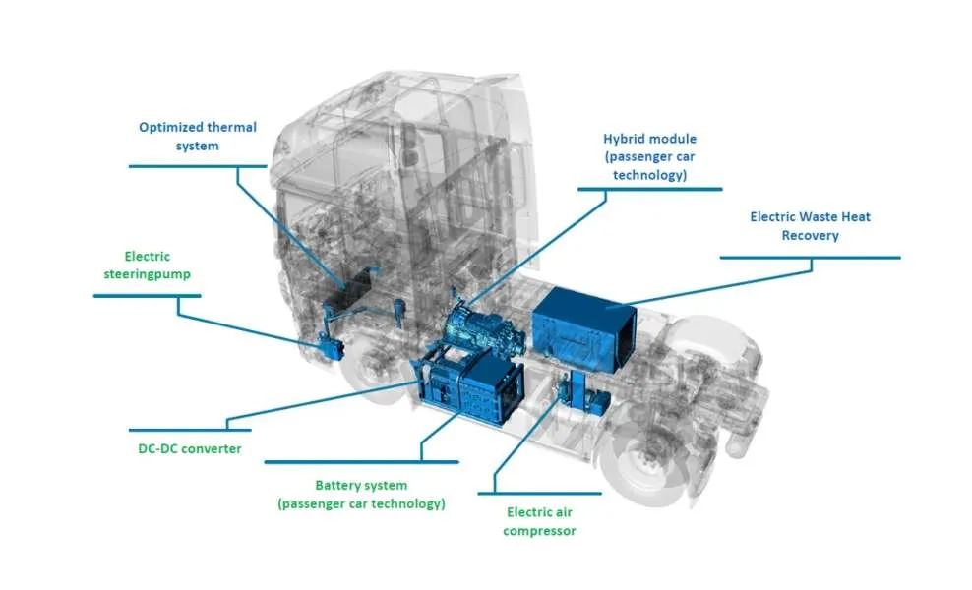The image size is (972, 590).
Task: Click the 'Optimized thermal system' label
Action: point(197,137)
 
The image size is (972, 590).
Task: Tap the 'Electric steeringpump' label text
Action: point(147,265)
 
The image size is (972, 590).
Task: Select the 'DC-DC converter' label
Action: point(190,448)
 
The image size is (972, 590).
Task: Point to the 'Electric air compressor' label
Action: point(539,521)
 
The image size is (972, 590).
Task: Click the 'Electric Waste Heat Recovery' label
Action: point(811,226)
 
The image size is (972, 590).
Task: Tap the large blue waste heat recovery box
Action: point(582,328)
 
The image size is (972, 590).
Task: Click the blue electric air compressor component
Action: point(581,394)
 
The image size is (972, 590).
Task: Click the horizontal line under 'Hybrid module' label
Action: point(650,189)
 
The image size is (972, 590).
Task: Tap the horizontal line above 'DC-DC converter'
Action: point(190,430)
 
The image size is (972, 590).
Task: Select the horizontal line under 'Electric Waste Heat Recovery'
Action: point(811,258)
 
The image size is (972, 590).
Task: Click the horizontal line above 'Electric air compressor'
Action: point(539,494)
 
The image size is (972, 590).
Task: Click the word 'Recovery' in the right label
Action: point(811,235)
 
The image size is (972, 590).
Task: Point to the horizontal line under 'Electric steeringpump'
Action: point(148,296)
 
